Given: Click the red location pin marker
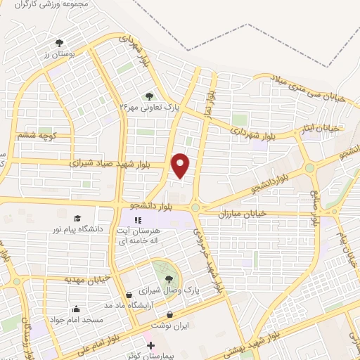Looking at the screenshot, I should [181, 165].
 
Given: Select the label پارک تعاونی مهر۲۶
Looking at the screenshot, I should [150, 108].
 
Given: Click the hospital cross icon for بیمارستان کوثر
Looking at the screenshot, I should [152, 345].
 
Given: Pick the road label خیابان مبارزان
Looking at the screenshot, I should [242, 212].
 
